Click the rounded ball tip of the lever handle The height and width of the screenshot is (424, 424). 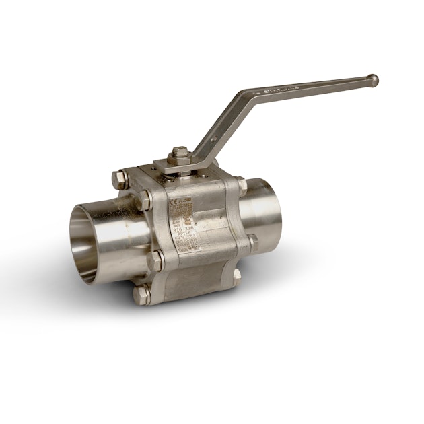click(374, 80)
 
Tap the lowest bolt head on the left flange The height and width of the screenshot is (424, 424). click(143, 294)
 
